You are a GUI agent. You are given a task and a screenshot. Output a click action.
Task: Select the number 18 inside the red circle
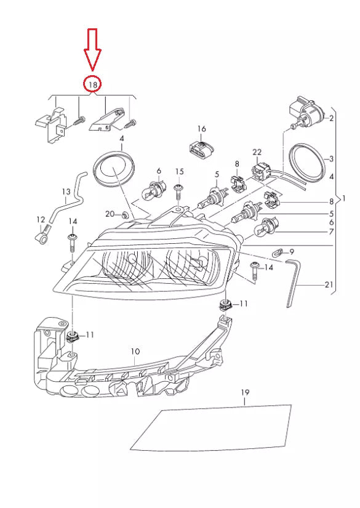pos(93,83)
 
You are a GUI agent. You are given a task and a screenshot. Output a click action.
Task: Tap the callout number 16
pos(201,128)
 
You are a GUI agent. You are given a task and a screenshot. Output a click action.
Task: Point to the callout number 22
pos(257,151)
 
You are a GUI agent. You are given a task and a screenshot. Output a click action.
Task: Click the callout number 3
pos(331,158)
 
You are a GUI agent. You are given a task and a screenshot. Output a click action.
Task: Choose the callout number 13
pos(66,192)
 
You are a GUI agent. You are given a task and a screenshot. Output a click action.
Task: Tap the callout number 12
pos(41,219)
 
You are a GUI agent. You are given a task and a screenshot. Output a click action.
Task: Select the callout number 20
pos(110,214)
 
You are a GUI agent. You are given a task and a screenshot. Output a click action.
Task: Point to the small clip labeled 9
pos(278,252)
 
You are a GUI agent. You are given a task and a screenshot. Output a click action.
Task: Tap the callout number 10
pos(135,352)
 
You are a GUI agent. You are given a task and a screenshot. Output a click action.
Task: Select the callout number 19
pos(244,392)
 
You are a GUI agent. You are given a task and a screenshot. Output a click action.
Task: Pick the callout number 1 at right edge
pos(343,199)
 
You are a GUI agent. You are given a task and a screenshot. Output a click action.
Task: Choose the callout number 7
pos(331,232)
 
